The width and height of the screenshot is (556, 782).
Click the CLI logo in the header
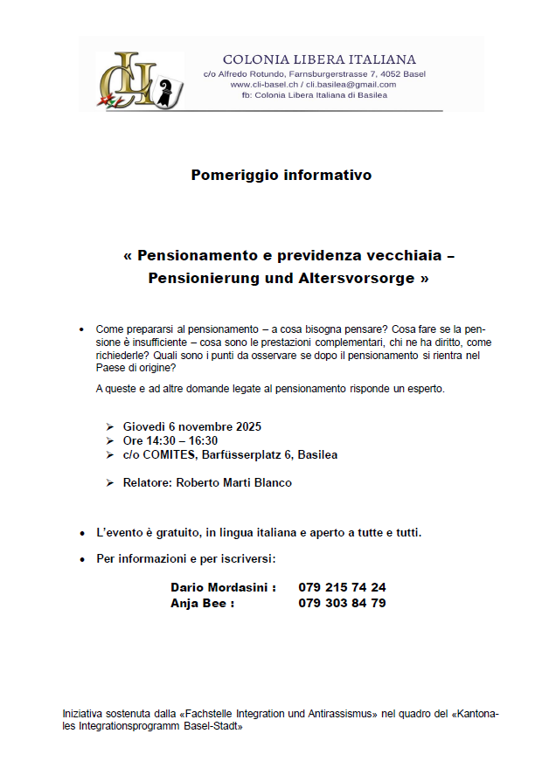click(140, 80)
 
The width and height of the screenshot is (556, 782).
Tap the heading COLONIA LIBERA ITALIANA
click(319, 59)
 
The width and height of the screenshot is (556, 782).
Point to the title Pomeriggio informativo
click(281, 175)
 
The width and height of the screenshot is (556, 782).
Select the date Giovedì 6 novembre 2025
click(192, 426)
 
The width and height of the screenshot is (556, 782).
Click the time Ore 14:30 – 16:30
click(170, 440)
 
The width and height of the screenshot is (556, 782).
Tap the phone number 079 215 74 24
click(342, 587)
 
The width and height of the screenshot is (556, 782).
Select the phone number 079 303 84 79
click(342, 603)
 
